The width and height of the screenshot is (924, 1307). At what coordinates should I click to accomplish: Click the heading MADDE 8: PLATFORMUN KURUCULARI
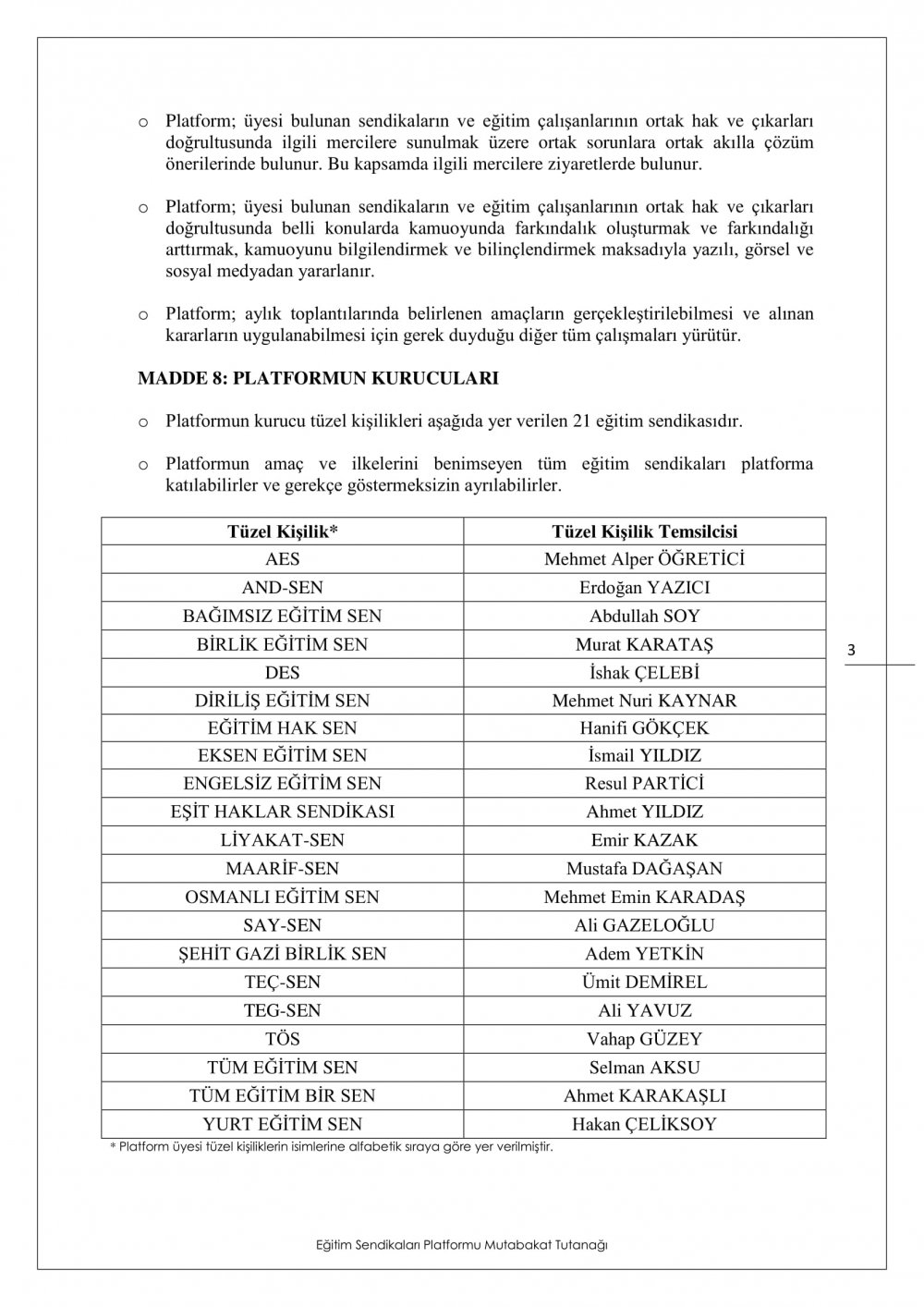[x=318, y=378]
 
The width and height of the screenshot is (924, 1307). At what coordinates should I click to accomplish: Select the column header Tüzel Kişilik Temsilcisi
[x=644, y=531]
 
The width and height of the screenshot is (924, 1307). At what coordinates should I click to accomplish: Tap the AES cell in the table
[x=282, y=559]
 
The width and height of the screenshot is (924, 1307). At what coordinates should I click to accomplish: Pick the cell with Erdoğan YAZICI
[x=644, y=588]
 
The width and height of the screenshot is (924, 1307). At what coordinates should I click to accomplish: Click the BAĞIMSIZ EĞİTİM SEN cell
[x=282, y=616]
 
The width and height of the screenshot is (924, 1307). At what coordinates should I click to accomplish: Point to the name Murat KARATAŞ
[x=644, y=644]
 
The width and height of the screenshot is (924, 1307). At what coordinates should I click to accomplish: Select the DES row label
[x=282, y=672]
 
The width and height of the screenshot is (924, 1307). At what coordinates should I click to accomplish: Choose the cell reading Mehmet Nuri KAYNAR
[x=644, y=701]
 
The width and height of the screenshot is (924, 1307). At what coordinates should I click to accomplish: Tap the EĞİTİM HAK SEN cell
[x=282, y=727]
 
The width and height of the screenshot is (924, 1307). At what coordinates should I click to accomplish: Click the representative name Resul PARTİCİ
[x=644, y=784]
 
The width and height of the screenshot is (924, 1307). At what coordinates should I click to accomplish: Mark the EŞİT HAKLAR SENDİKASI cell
[x=282, y=812]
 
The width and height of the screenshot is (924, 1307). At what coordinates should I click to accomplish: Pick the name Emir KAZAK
[x=644, y=840]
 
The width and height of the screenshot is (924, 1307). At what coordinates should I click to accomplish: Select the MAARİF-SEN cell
[x=282, y=868]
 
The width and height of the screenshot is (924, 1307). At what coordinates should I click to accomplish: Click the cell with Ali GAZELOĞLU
[x=644, y=925]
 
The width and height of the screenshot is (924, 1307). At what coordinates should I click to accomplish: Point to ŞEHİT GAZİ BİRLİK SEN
[x=282, y=953]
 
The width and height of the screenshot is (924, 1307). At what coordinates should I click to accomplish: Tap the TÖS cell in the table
[x=282, y=1038]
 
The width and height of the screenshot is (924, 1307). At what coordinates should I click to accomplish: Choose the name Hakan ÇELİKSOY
[x=644, y=1124]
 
